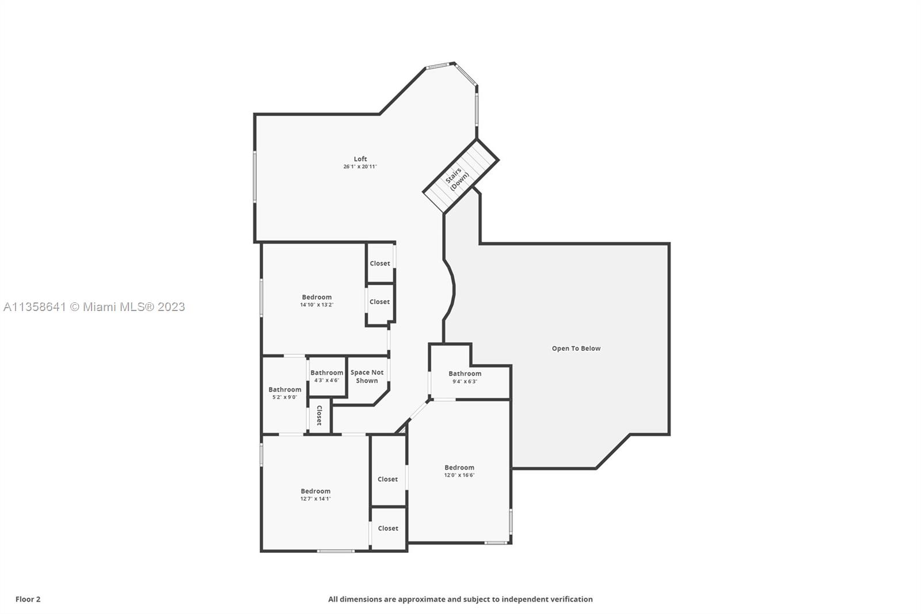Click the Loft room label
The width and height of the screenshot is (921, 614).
(360, 159)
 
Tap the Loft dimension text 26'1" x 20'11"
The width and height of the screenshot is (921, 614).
(360, 166)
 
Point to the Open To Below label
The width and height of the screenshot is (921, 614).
(576, 348)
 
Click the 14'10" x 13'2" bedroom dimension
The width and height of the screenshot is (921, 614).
(317, 305)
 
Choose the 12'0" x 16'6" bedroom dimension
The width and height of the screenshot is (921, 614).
(459, 475)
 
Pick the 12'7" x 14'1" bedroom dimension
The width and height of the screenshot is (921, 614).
(315, 499)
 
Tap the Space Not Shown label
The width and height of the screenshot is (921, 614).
(367, 377)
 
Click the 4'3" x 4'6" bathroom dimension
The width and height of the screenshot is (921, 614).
(327, 380)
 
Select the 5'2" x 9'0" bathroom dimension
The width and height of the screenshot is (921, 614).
(284, 397)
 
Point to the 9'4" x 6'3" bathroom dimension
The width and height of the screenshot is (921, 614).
(465, 381)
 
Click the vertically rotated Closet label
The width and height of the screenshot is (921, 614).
(319, 415)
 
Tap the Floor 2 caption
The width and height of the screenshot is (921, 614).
(28, 599)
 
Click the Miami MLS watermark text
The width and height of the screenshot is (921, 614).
(94, 307)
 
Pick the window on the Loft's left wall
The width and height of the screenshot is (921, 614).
(255, 176)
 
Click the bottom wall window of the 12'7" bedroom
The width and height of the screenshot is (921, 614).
(336, 551)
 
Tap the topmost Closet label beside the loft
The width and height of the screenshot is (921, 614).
(380, 263)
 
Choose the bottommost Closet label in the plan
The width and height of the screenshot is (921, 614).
(388, 528)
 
